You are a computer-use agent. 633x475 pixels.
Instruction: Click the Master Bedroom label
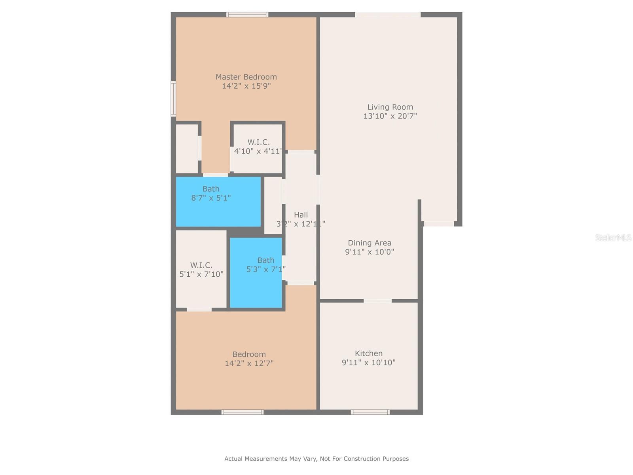click(246, 77)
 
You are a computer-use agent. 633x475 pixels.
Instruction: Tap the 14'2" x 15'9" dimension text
click(246, 86)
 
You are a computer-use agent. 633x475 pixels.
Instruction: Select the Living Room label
click(390, 107)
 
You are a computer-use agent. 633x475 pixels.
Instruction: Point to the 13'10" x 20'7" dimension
click(390, 116)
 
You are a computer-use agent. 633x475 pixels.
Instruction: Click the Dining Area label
click(370, 243)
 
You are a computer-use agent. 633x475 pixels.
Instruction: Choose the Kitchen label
click(369, 353)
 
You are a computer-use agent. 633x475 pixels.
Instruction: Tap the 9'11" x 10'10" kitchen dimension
click(369, 363)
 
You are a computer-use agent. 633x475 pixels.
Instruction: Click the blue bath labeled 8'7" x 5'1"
click(218, 202)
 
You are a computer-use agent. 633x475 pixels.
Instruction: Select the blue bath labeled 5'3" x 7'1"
click(256, 273)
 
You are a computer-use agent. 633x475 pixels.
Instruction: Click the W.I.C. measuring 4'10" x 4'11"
click(258, 147)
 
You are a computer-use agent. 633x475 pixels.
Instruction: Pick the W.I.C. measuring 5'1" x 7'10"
click(201, 270)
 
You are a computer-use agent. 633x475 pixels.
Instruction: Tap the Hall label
click(301, 215)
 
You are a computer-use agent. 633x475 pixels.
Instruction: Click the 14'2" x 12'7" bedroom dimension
click(249, 363)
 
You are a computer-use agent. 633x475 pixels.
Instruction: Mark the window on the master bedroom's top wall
click(247, 15)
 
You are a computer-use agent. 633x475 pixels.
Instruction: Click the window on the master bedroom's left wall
click(173, 99)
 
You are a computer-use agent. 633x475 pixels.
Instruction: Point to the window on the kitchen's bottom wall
click(370, 412)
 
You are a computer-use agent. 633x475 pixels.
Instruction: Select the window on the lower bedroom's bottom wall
click(243, 412)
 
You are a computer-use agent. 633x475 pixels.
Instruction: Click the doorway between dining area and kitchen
click(377, 301)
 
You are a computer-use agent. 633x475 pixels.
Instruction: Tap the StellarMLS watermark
click(613, 237)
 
